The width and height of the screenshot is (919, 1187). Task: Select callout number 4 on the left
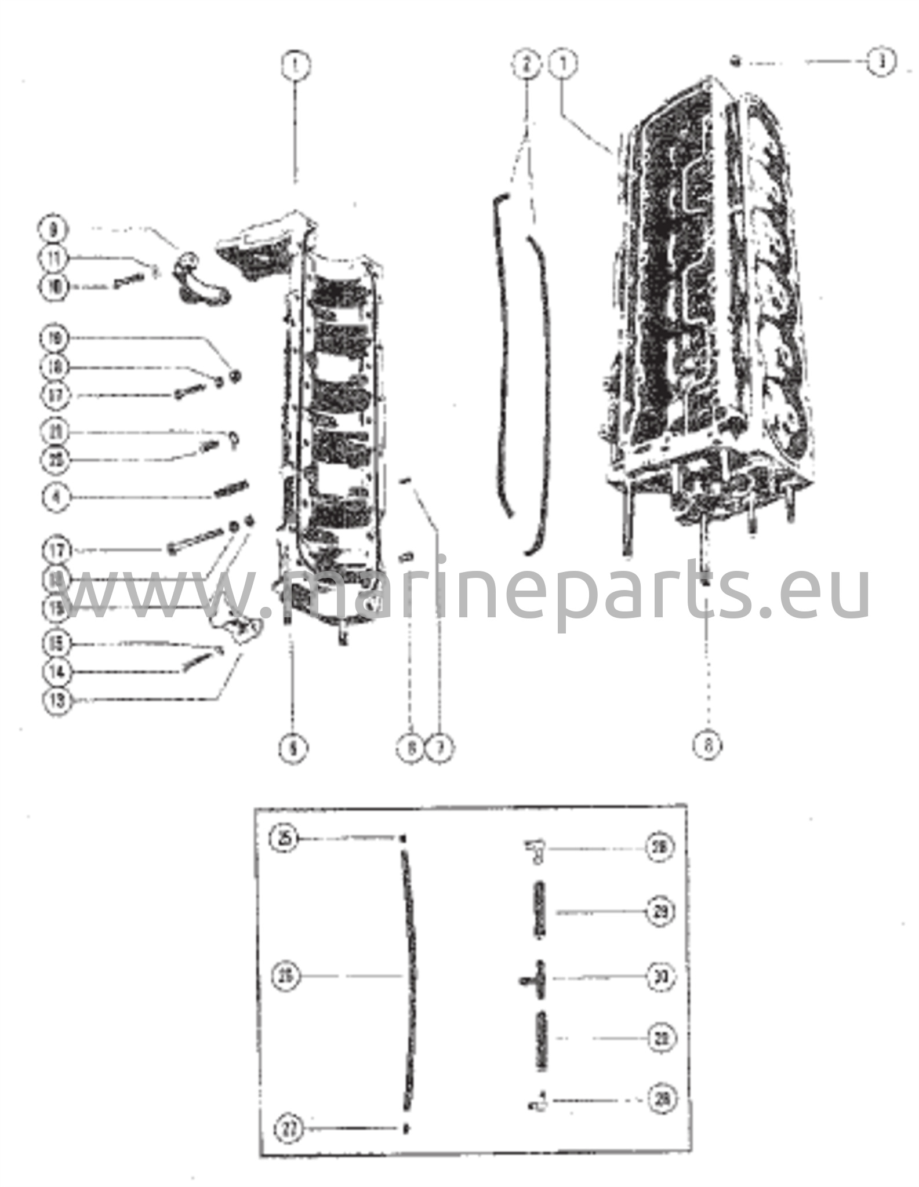(56, 497)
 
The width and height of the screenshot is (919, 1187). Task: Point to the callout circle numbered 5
(293, 748)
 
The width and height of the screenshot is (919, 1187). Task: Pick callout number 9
(54, 230)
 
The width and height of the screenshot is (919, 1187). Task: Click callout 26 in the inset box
(286, 977)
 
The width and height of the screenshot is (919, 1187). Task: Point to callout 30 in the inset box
(660, 977)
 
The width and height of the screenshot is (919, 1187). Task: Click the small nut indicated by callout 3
(735, 61)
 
